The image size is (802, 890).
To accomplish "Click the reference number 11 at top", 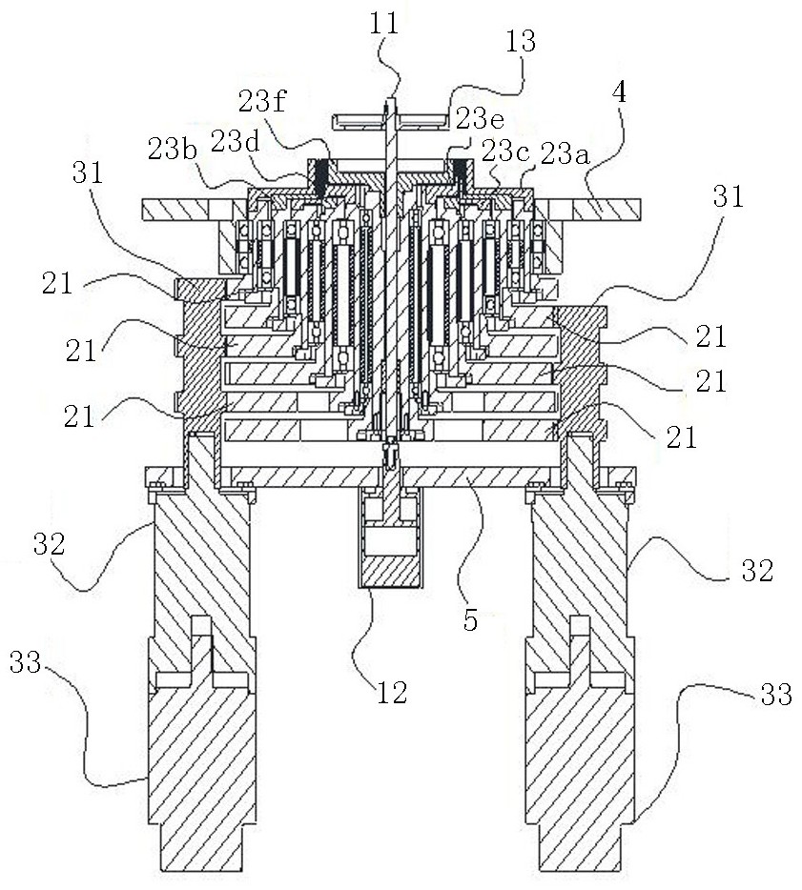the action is pos(384,24).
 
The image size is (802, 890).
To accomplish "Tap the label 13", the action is pos(520,41).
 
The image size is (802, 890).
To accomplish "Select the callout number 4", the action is pos(619,91).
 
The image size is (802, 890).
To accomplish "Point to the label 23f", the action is pos(262,102).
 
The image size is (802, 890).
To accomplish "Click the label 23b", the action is pos(173,150).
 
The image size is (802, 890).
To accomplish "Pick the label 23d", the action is pos(236,141).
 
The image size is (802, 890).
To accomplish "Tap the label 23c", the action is pos(506,152).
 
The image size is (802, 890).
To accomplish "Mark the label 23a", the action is pos(566,153).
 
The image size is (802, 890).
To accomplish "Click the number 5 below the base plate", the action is pos(470,620).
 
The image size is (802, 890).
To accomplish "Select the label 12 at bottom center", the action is pos(393,692).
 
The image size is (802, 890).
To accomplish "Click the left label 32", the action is pos(50,544).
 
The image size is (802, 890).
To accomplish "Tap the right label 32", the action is pos(758,570).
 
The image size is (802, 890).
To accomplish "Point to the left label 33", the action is pos(26,662).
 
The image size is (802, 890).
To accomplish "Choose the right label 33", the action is pos(776,694).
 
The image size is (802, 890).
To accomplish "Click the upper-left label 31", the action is pos(88,172).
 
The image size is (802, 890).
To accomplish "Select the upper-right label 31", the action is pos(729,197).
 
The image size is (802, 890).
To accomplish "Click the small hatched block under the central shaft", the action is pos(389,572).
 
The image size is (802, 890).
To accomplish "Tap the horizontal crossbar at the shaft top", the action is pos(389,120).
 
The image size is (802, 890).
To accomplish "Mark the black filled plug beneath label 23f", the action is pos(321,173).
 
